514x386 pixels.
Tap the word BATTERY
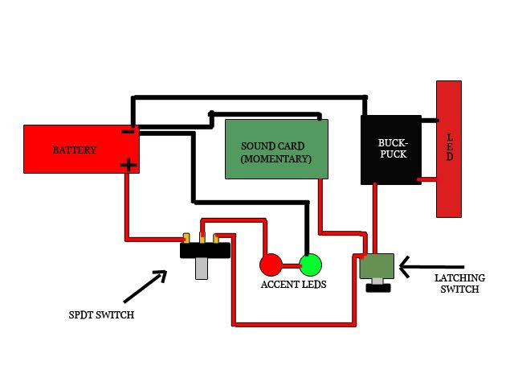pyautogui.click(x=75, y=150)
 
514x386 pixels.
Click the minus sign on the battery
pyautogui.click(x=128, y=131)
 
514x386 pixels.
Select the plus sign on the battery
pyautogui.click(x=128, y=165)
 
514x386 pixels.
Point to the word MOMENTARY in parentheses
pyautogui.click(x=275, y=159)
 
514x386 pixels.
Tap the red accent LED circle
pyautogui.click(x=270, y=264)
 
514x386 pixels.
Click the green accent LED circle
pyautogui.click(x=310, y=264)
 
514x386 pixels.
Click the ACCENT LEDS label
pyautogui.click(x=292, y=285)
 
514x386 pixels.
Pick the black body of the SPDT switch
pyautogui.click(x=205, y=250)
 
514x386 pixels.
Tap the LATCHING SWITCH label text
pyautogui.click(x=460, y=283)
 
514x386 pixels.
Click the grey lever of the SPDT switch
pyautogui.click(x=202, y=268)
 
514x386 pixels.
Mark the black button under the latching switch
pyautogui.click(x=377, y=286)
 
